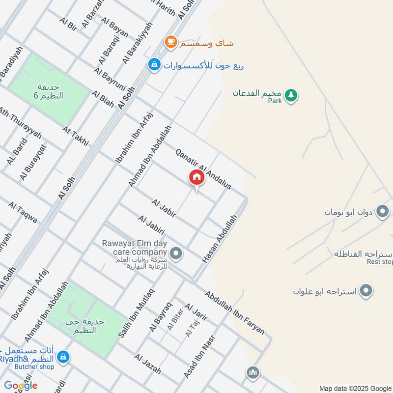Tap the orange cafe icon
click(x=170, y=43)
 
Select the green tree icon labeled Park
click(x=291, y=95)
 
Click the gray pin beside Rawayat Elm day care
click(x=177, y=254)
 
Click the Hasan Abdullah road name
click(x=220, y=238)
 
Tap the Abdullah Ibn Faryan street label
click(x=235, y=312)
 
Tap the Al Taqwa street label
click(x=23, y=213)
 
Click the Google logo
click(x=21, y=386)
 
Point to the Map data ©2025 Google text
click(x=354, y=388)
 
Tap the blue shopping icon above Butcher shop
click(x=63, y=358)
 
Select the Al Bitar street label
click(x=175, y=319)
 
